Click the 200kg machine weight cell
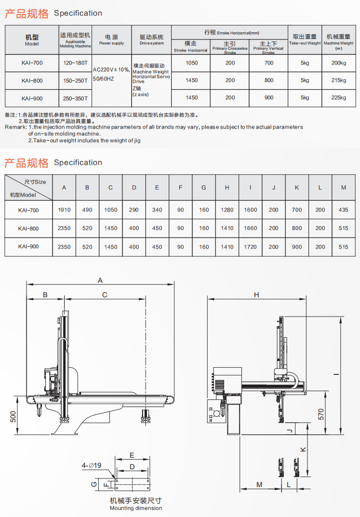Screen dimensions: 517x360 [x=339, y=63]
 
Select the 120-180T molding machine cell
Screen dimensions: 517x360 [x=75, y=63]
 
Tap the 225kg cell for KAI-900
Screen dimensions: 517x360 [x=339, y=98]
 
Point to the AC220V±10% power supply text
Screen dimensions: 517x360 [x=111, y=69]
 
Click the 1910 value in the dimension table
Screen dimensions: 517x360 [x=64, y=210]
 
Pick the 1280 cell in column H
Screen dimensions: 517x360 [x=227, y=210]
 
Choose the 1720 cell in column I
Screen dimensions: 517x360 [x=251, y=247]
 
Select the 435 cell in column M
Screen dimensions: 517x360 [x=343, y=210]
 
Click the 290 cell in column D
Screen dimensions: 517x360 [x=134, y=210]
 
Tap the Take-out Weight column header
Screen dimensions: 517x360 [x=305, y=39]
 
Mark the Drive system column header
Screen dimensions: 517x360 [x=151, y=39]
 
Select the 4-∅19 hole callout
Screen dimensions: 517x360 [x=91, y=465]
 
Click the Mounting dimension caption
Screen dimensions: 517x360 [x=135, y=508]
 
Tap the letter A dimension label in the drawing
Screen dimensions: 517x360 [x=100, y=280]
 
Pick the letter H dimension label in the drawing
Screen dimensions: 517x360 [x=256, y=295]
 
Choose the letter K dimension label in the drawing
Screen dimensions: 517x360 [x=303, y=449]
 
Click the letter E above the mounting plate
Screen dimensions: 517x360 [x=132, y=455]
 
